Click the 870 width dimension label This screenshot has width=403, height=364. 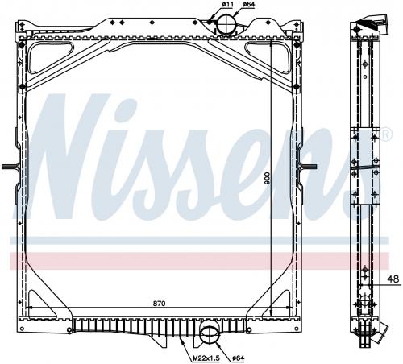click(x=160, y=304)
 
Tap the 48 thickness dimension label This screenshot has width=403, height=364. click(x=393, y=279)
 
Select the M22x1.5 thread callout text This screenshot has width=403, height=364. click(x=206, y=358)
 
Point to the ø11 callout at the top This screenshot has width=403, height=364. click(x=227, y=5)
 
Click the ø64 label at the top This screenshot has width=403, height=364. click(x=248, y=5)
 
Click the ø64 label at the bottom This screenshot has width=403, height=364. click(x=239, y=358)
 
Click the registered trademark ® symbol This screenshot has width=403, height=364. click(x=387, y=134)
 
